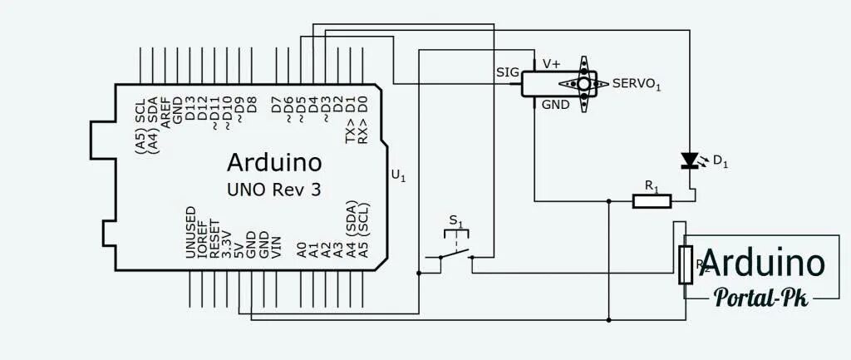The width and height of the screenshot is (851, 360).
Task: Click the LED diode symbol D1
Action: [689, 160]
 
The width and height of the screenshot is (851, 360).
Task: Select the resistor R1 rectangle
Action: [652, 200]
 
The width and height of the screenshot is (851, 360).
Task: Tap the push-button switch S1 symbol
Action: [455, 249]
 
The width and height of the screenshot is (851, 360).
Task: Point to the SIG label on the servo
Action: [507, 72]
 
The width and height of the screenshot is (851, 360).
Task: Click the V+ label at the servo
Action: [551, 63]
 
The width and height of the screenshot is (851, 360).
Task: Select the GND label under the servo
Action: [555, 105]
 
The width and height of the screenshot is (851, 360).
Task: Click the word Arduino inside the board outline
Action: [273, 160]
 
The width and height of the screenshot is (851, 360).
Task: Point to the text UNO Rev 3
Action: [273, 190]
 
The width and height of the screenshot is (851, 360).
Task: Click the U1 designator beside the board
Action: [399, 175]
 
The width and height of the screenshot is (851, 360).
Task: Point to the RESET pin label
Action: [214, 240]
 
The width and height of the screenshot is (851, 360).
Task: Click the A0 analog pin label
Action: [302, 249]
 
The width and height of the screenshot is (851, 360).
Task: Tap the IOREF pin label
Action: [203, 240]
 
